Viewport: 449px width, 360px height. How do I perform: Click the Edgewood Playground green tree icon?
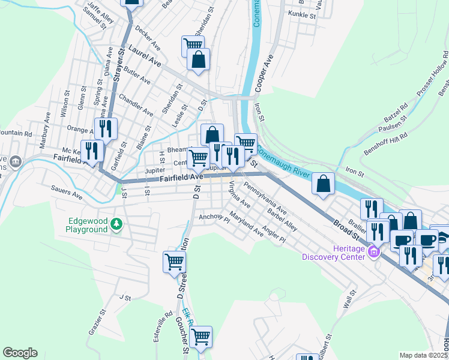tap(116, 224)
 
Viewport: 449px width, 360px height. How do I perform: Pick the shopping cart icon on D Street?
tap(174, 261)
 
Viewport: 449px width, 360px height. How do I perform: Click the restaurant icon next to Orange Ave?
tap(106, 128)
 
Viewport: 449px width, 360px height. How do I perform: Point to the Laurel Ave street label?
tap(145, 57)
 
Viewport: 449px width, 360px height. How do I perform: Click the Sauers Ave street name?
tap(68, 194)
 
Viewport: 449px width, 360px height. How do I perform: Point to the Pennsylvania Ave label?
tap(265, 202)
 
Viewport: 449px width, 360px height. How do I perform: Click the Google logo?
tap(20, 353)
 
